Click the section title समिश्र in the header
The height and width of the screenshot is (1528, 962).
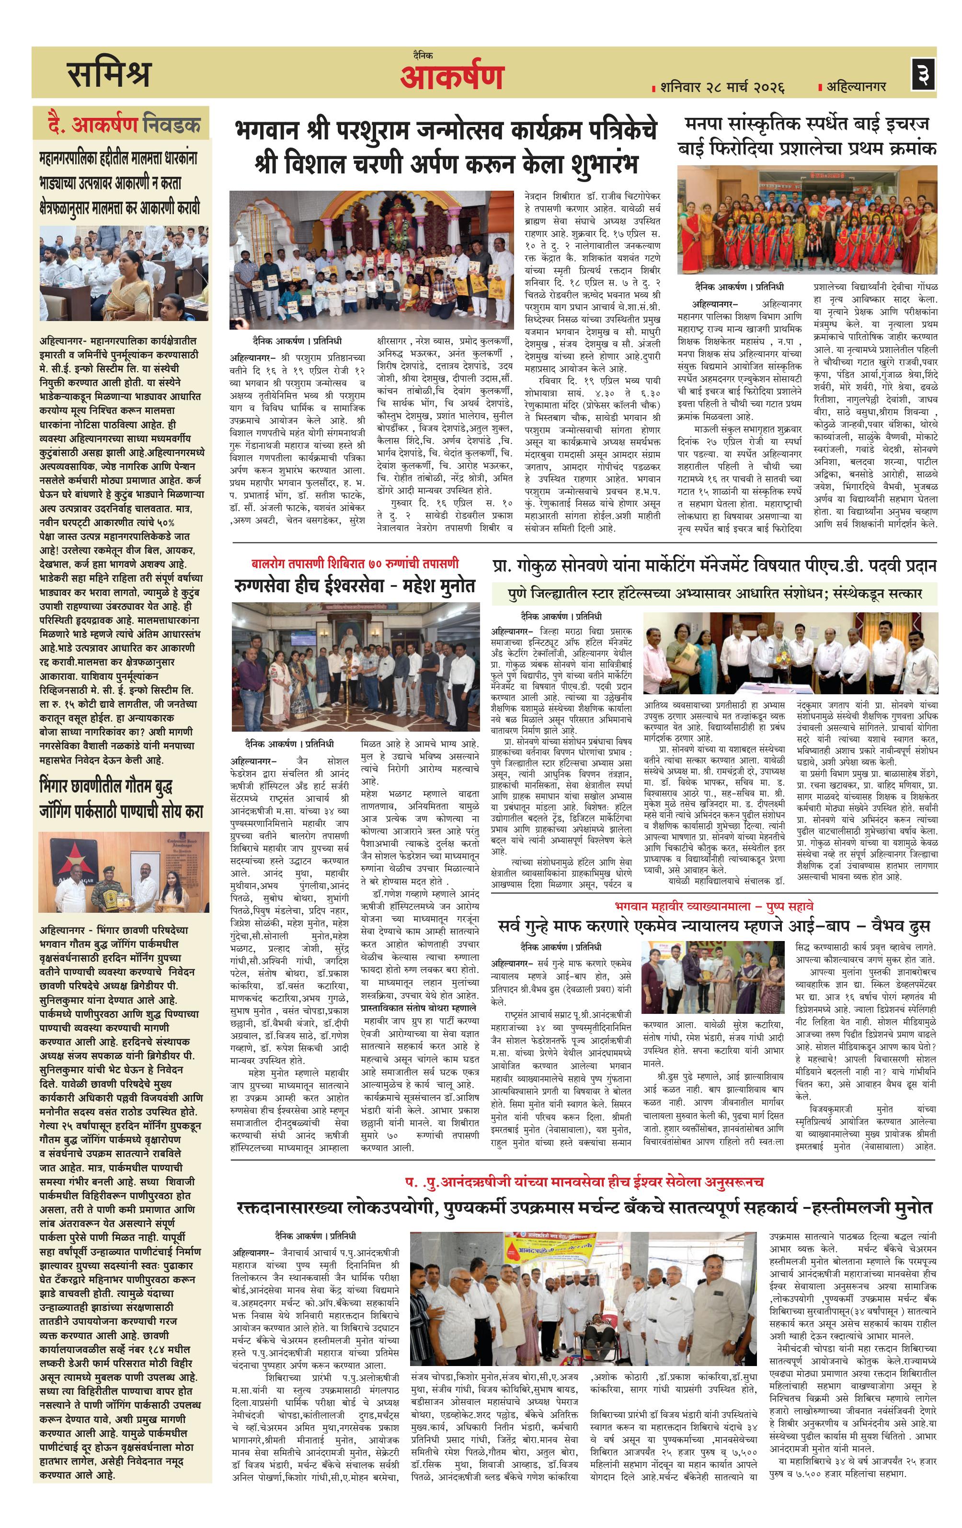(x=109, y=74)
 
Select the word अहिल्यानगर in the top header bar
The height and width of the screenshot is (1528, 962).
(x=856, y=86)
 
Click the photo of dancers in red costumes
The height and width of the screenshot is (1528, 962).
(x=806, y=219)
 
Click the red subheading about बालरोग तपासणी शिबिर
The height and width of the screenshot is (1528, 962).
(x=354, y=563)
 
